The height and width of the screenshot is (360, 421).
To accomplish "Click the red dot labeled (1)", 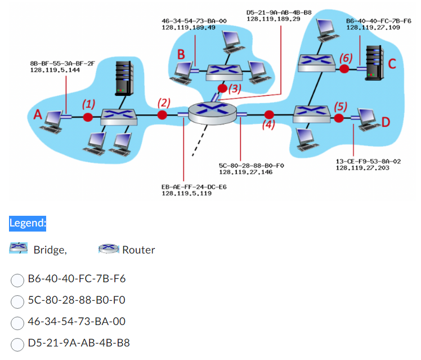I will coord(88,117).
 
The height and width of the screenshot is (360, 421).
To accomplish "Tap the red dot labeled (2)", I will coord(163,115).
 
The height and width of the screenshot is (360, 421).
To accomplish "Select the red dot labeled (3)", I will coord(223,88).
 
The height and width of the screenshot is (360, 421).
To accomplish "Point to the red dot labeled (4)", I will coord(269,114).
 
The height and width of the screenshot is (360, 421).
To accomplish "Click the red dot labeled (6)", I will coord(344,69).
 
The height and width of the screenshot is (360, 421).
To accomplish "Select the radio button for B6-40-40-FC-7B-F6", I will coord(18,278).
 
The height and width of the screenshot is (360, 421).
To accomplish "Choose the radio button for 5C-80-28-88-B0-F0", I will coord(18,300).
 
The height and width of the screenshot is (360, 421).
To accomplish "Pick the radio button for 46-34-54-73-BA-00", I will coord(18,322).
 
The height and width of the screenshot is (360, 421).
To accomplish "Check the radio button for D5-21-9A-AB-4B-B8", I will coord(18,343).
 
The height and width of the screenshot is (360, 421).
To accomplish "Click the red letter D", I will coord(386,121).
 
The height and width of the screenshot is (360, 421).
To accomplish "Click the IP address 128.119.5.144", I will coord(55,71).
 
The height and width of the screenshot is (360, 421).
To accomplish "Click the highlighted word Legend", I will coord(27,223).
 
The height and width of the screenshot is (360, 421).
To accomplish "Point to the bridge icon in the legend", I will coord(19,248).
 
